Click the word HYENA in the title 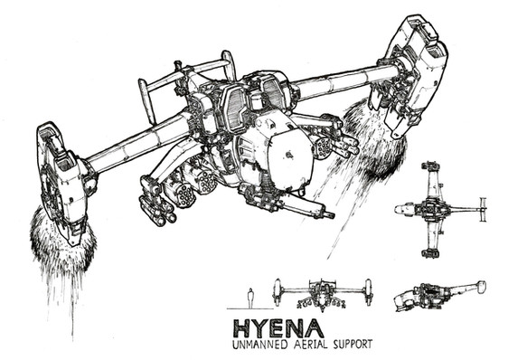click(278, 328)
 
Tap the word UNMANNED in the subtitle click(259, 345)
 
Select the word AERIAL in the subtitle click(310, 344)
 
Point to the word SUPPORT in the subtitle click(353, 344)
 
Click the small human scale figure click(249, 298)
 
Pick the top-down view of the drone click(441, 210)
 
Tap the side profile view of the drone click(440, 296)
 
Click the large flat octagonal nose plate click(287, 156)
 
